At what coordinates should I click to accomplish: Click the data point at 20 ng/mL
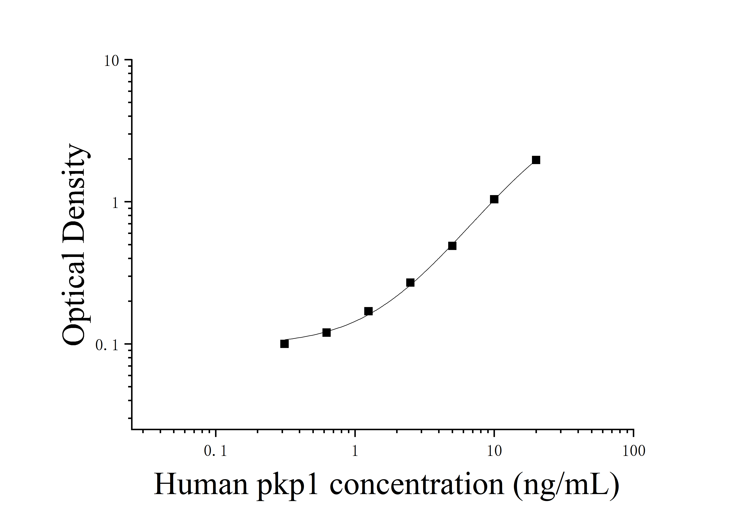pos(536,160)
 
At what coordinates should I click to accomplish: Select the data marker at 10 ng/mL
pos(494,199)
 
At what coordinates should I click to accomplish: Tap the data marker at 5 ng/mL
pos(452,246)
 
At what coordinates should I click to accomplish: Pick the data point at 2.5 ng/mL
pos(410,283)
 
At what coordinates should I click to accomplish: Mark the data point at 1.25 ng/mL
pos(368,311)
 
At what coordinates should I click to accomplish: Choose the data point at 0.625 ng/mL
pos(326,332)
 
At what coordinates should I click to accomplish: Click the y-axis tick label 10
pos(111,61)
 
